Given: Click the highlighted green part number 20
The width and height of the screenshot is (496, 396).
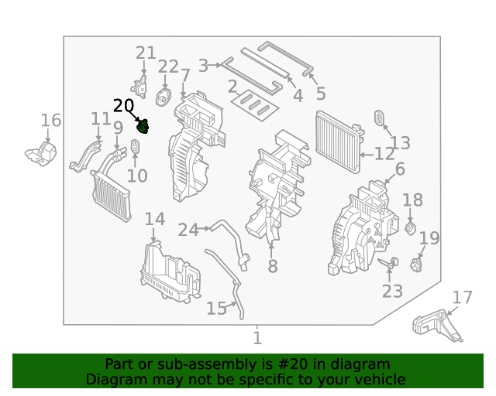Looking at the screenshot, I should (143, 127).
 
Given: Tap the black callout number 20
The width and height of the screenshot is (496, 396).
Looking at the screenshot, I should (123, 107).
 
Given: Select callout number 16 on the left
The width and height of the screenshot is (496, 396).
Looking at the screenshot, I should (50, 120).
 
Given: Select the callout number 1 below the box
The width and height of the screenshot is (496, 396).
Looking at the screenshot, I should (257, 338).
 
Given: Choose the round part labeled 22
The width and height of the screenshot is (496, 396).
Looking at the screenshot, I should (164, 98).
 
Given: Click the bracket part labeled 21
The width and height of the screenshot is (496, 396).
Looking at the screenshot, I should (142, 85).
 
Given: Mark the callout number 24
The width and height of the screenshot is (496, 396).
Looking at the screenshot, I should (188, 230).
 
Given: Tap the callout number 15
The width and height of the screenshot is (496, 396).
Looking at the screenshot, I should (216, 309).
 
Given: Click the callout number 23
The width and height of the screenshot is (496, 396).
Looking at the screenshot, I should (392, 292).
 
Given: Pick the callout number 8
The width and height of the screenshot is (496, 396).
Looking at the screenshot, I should (272, 267).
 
